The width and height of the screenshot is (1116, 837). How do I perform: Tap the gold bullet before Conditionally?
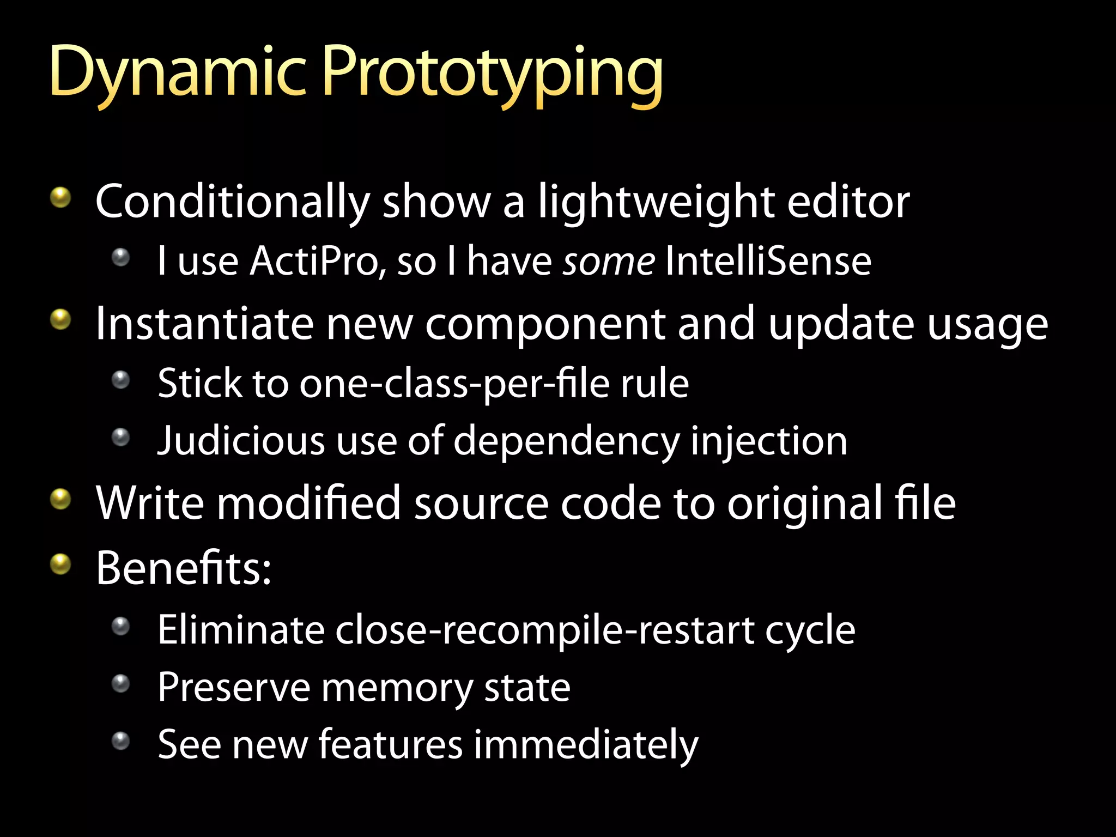point(60,197)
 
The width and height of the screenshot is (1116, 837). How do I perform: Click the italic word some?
point(609,261)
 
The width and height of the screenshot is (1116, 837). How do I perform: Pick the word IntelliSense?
point(768,261)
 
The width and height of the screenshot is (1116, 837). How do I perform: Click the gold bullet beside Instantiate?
point(60,320)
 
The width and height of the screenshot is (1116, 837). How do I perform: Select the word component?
point(544,324)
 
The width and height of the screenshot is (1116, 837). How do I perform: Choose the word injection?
point(769,440)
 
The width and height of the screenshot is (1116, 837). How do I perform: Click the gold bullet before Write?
point(60,499)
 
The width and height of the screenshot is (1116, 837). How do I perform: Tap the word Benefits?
point(183,568)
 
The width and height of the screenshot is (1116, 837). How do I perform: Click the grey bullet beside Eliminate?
point(120,626)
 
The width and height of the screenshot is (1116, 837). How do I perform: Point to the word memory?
point(397,687)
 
